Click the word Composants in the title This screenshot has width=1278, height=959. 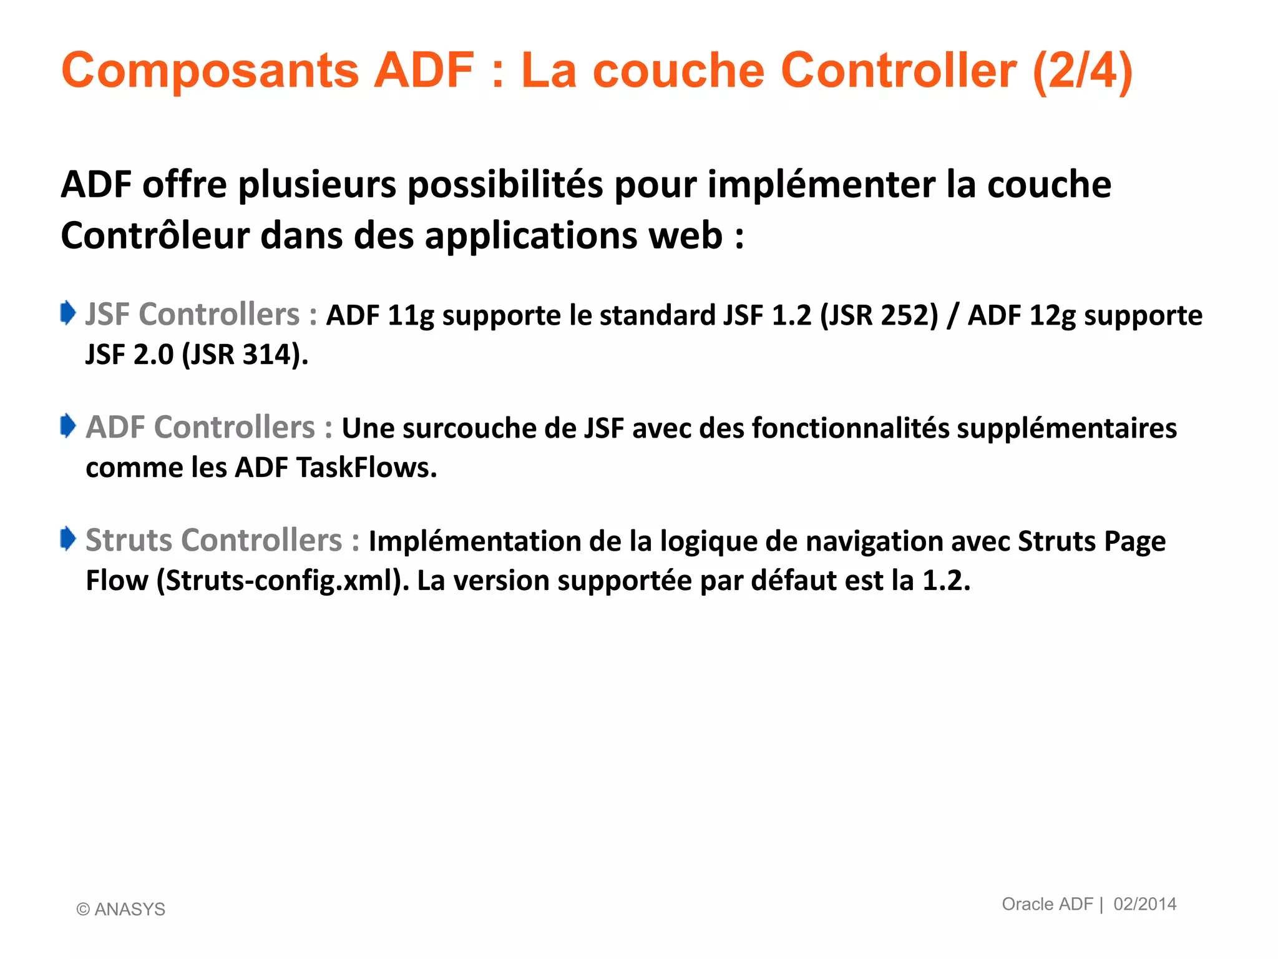(210, 71)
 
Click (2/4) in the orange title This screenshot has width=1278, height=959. (1082, 71)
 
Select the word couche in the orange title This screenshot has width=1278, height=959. (678, 71)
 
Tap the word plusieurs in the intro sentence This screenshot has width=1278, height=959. (317, 185)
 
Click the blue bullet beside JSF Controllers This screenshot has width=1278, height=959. (68, 313)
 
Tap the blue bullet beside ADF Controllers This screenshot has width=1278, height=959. (68, 426)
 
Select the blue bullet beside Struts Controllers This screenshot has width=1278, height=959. (68, 539)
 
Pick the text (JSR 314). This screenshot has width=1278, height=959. (245, 355)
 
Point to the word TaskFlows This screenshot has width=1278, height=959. (366, 468)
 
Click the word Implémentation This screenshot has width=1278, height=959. (474, 541)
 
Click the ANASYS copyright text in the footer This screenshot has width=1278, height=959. (121, 909)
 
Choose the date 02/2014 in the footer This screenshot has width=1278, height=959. (1144, 904)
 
